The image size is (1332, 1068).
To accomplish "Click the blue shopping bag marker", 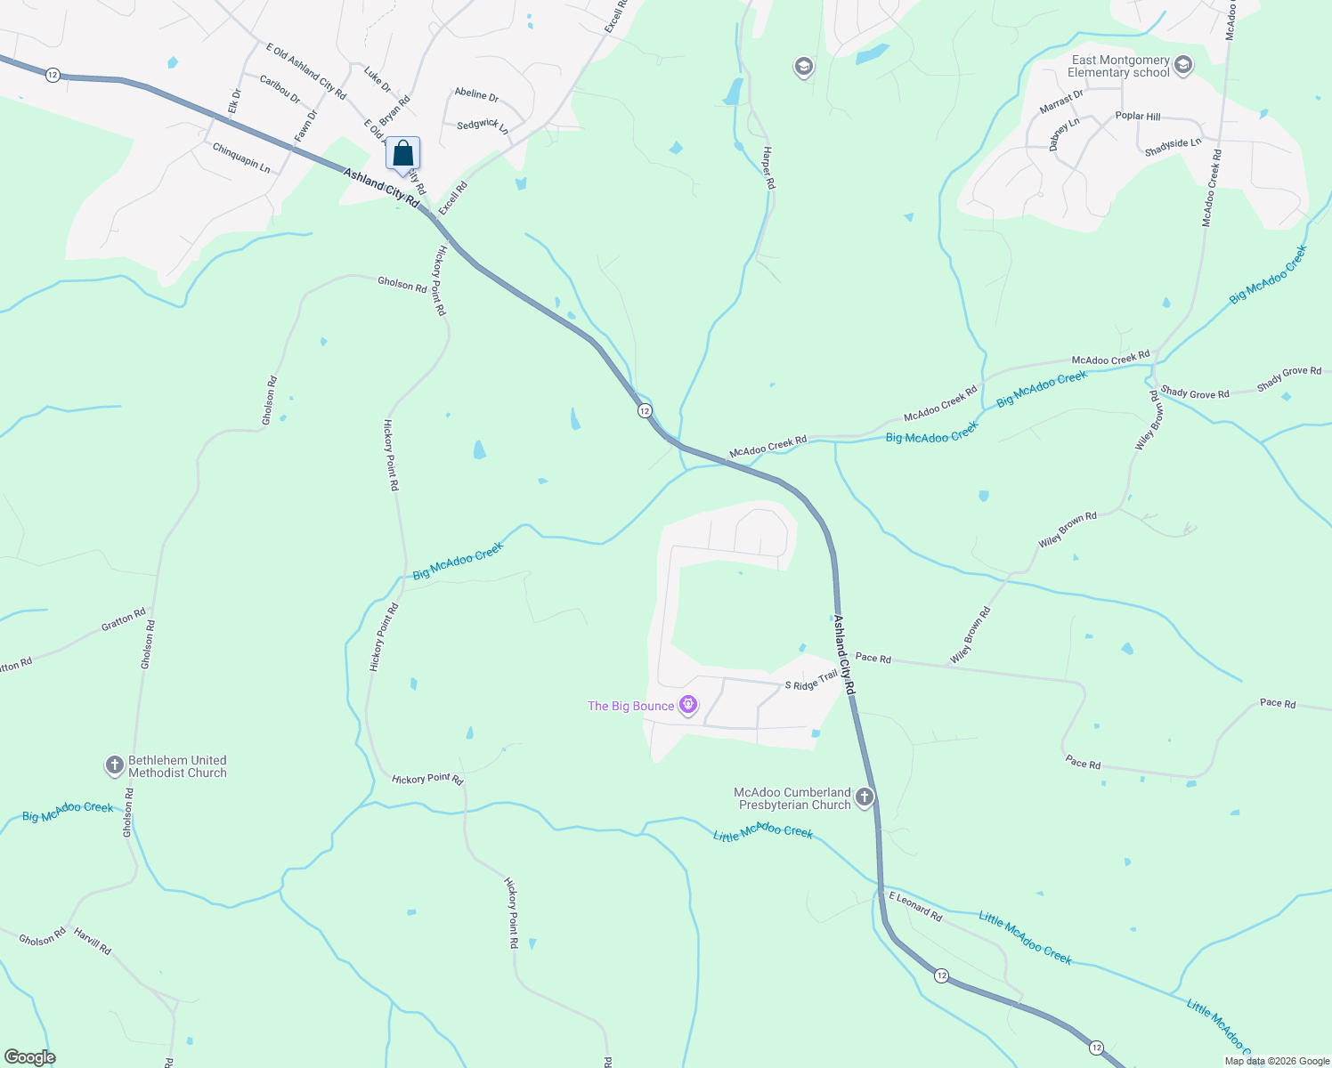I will click(x=402, y=154).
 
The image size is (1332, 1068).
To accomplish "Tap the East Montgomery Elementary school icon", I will click(x=1183, y=65).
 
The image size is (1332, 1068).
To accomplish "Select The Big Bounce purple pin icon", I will click(x=687, y=706).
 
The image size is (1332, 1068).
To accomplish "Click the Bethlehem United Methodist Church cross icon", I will click(x=114, y=765).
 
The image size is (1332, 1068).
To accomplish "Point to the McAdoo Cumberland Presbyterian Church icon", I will click(x=864, y=797).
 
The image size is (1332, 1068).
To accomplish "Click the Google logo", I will click(x=29, y=1057).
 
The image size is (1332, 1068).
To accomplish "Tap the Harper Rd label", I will click(x=768, y=167).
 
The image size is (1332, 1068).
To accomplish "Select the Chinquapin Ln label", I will click(x=241, y=158).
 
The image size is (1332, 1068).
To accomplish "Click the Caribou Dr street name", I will click(x=280, y=89).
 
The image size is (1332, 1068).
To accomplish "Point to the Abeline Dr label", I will click(x=476, y=94).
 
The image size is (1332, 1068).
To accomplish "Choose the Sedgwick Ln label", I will click(x=483, y=125).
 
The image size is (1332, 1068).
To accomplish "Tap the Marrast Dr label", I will click(x=1061, y=102).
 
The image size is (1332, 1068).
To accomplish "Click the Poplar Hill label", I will click(x=1138, y=116).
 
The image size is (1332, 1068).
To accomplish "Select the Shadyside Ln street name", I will click(x=1173, y=147).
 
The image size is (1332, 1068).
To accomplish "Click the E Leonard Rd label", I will click(x=914, y=906).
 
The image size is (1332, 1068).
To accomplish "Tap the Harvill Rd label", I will click(x=93, y=942).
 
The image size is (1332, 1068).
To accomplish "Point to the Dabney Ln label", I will click(x=1064, y=134).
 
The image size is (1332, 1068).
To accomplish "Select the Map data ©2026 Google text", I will click(x=1277, y=1061).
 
